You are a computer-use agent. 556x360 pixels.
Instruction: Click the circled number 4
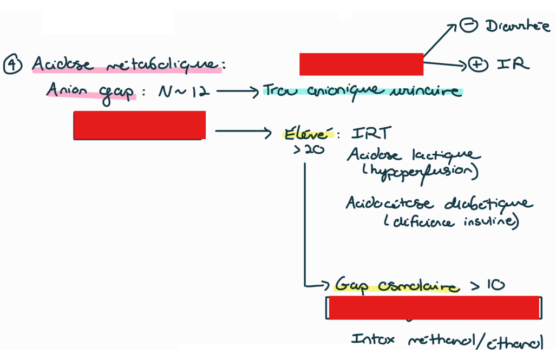12,64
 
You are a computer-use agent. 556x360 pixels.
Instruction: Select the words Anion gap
90,90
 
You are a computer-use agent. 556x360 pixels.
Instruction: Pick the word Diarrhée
518,26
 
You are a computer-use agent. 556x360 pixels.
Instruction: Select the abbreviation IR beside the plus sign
513,64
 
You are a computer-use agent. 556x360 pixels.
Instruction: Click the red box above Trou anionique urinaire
361,64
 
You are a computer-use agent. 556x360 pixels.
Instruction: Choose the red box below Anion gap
139,125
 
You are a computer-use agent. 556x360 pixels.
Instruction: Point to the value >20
309,150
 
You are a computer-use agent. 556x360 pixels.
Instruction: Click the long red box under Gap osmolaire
434,307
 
